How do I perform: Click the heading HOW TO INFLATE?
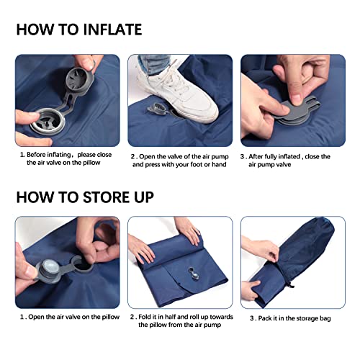pos(79,30)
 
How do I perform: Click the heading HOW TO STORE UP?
pos(84,196)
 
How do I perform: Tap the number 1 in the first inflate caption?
pos(21,155)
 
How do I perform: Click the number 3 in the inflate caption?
pos(243,156)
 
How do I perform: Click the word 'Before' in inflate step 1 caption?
pos(40,155)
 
